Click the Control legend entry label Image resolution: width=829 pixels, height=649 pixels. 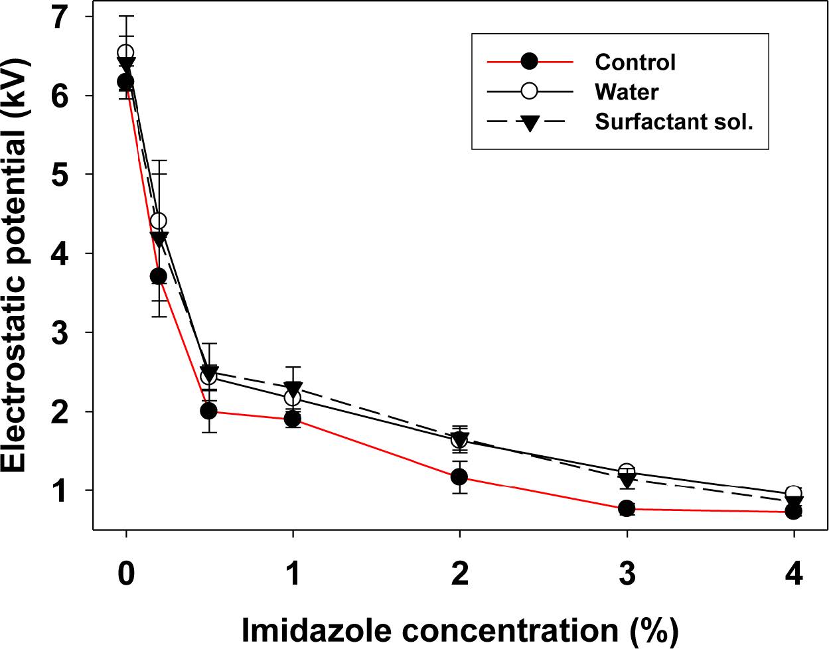tap(635, 62)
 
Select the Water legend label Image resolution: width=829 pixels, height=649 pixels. tap(626, 92)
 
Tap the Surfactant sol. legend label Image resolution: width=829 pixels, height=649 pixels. tap(674, 122)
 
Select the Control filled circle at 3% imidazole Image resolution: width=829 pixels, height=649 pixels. tap(626, 509)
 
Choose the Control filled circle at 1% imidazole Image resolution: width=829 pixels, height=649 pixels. tap(293, 419)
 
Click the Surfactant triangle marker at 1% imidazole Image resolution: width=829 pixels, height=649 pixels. tap(293, 389)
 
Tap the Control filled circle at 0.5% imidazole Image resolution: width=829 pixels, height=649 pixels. tap(209, 411)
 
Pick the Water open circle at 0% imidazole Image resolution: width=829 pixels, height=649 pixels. tap(125, 52)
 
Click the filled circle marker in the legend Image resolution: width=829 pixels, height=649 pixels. tap(529, 62)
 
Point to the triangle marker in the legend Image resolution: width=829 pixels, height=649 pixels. tap(529, 123)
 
